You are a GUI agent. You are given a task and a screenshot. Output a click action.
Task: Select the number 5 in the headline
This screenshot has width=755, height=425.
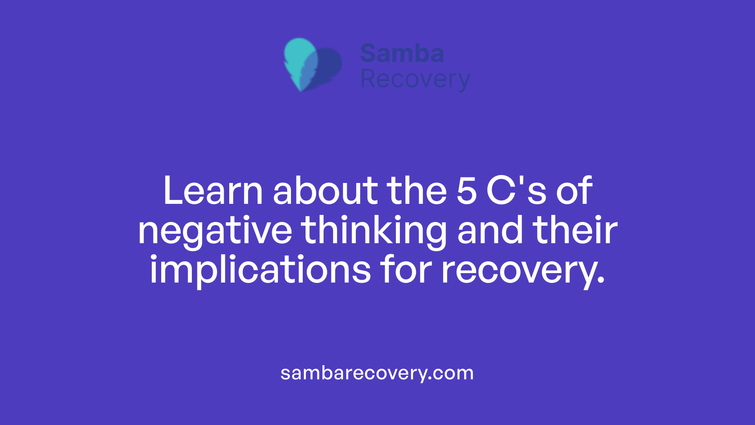pyautogui.click(x=467, y=192)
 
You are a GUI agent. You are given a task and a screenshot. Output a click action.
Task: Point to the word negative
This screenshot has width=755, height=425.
pyautogui.click(x=215, y=231)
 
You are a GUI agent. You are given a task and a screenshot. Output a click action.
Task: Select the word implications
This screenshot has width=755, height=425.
pyautogui.click(x=260, y=270)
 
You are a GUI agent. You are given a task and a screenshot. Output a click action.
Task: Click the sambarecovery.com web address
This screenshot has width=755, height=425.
pyautogui.click(x=377, y=373)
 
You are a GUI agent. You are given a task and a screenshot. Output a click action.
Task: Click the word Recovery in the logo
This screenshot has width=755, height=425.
pyautogui.click(x=415, y=79)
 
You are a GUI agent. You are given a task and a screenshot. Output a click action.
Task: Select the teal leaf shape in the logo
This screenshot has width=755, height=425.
pyautogui.click(x=299, y=55)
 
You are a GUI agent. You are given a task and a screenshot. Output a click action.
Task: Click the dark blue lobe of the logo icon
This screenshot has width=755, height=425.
pyautogui.click(x=330, y=65)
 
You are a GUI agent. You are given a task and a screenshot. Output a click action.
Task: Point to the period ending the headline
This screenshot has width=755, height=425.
pyautogui.click(x=600, y=280)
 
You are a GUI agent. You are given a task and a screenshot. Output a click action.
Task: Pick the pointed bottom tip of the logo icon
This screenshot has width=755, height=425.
pyautogui.click(x=301, y=90)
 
